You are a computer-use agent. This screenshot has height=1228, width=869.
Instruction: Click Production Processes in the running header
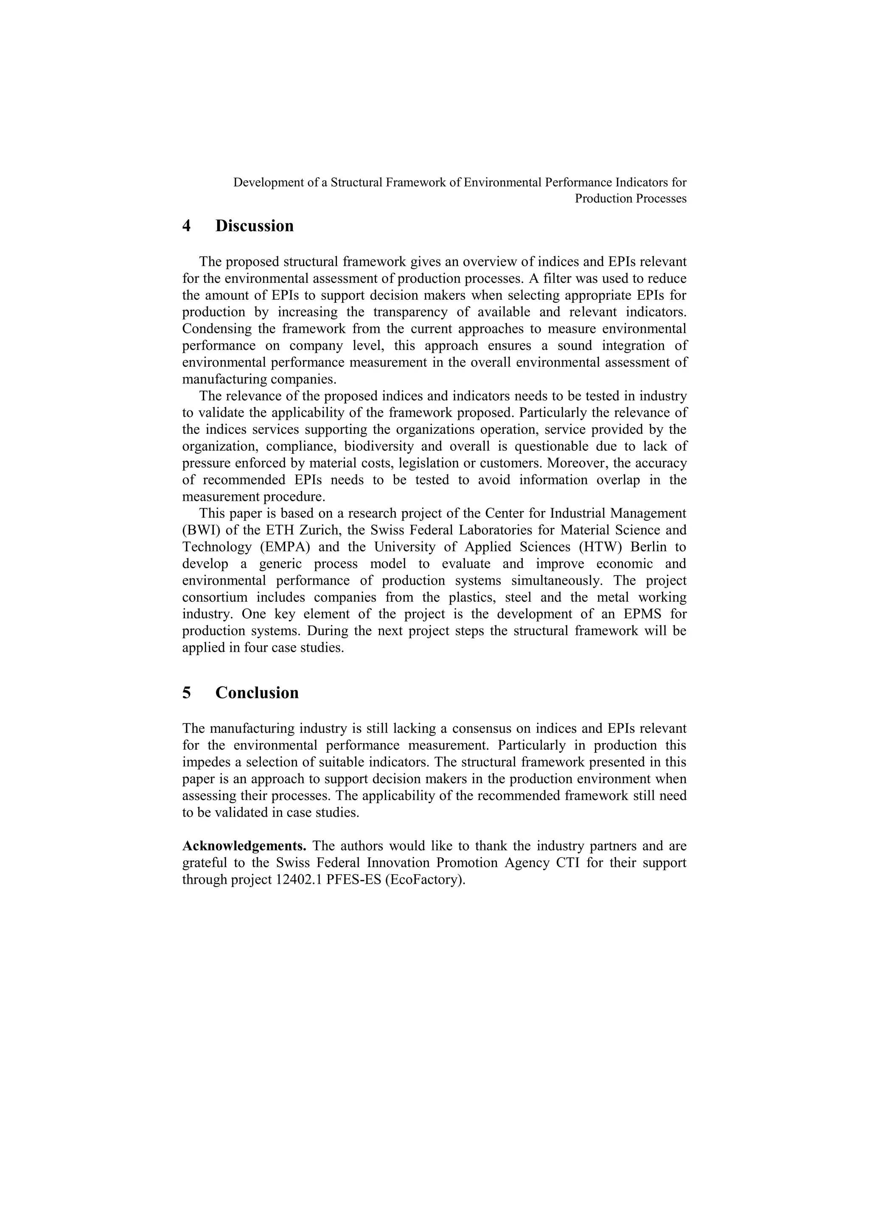[x=631, y=198]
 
